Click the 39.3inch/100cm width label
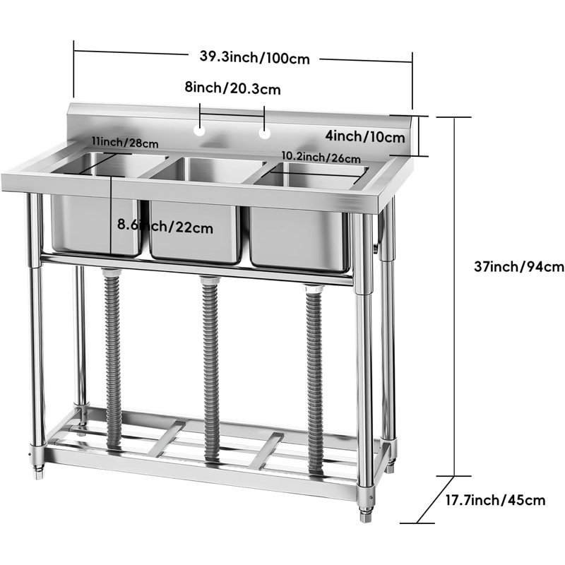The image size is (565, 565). [x=255, y=58]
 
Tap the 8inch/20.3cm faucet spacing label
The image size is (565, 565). [x=232, y=88]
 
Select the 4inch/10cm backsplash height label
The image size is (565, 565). [x=365, y=136]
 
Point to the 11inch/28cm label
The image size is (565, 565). [x=125, y=143]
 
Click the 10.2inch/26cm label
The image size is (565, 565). [x=321, y=157]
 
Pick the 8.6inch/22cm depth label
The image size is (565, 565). [x=165, y=226]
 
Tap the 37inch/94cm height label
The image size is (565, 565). [x=519, y=267]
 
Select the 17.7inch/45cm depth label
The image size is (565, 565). [x=496, y=500]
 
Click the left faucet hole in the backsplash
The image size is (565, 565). [x=199, y=131]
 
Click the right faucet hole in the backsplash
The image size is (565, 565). [x=264, y=133]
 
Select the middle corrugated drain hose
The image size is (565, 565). [x=210, y=368]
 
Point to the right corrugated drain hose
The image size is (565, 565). [x=314, y=379]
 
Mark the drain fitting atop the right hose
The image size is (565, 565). [x=314, y=288]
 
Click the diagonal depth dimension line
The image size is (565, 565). [x=435, y=499]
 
